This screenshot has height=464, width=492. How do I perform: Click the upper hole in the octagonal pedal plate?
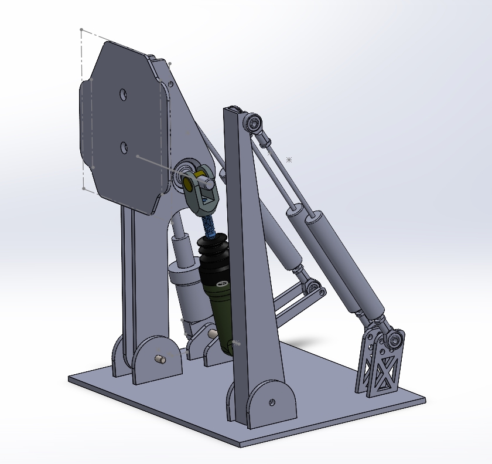pyautogui.click(x=123, y=94)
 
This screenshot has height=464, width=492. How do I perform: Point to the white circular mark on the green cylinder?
pyautogui.click(x=222, y=285)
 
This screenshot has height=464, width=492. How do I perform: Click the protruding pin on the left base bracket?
pyautogui.click(x=159, y=358)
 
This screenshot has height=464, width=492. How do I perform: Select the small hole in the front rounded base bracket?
pyautogui.click(x=272, y=402)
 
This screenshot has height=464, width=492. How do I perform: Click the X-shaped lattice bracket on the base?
pyautogui.click(x=382, y=367)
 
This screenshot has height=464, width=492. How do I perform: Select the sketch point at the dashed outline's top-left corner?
pyautogui.click(x=81, y=29)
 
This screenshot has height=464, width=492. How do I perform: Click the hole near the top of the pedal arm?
pyautogui.click(x=171, y=84)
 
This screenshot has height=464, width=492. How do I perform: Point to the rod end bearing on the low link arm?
pyautogui.click(x=314, y=287)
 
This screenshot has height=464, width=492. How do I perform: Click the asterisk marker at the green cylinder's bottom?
pyautogui.click(x=235, y=341)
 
